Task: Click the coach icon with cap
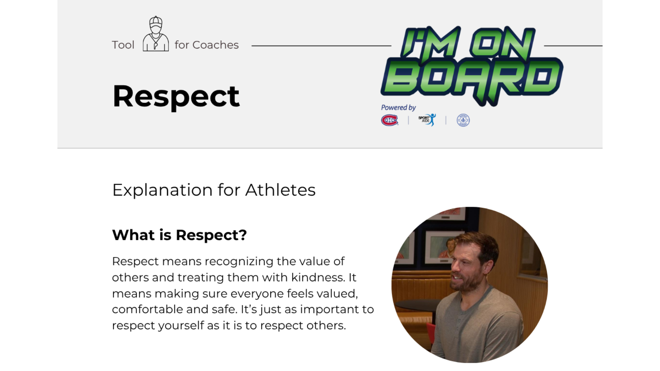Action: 156,34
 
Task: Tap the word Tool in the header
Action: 123,45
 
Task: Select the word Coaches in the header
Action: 215,45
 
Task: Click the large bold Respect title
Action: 176,96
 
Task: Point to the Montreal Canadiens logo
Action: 389,120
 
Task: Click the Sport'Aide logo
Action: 427,120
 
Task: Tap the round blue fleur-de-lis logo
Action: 463,120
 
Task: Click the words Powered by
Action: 398,108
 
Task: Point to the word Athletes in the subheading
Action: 280,190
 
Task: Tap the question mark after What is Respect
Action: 243,235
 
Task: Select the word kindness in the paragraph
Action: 318,277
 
